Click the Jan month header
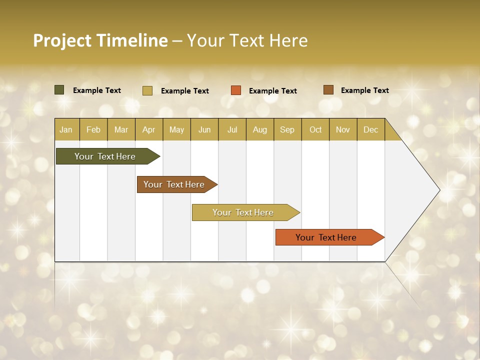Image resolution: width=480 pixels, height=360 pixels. [66, 129]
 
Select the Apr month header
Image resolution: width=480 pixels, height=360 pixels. [149, 129]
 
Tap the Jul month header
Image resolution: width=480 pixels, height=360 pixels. [232, 129]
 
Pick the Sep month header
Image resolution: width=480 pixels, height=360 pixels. [287, 129]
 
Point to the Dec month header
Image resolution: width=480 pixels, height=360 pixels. [370, 129]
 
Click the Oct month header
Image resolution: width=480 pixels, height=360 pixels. [315, 129]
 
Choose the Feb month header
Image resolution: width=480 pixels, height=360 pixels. [93, 129]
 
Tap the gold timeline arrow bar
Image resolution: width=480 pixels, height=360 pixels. [243, 212]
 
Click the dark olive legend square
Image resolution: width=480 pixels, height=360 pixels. [59, 90]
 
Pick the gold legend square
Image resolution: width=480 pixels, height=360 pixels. [147, 90]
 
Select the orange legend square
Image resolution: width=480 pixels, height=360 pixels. [235, 90]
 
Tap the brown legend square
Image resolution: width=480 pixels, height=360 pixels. [328, 90]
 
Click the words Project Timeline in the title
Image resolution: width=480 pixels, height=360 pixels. [100, 40]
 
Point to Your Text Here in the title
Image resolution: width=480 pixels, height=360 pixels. [247, 40]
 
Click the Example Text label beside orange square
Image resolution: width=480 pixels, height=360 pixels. [273, 91]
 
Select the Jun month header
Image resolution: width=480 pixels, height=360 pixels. [204, 129]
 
